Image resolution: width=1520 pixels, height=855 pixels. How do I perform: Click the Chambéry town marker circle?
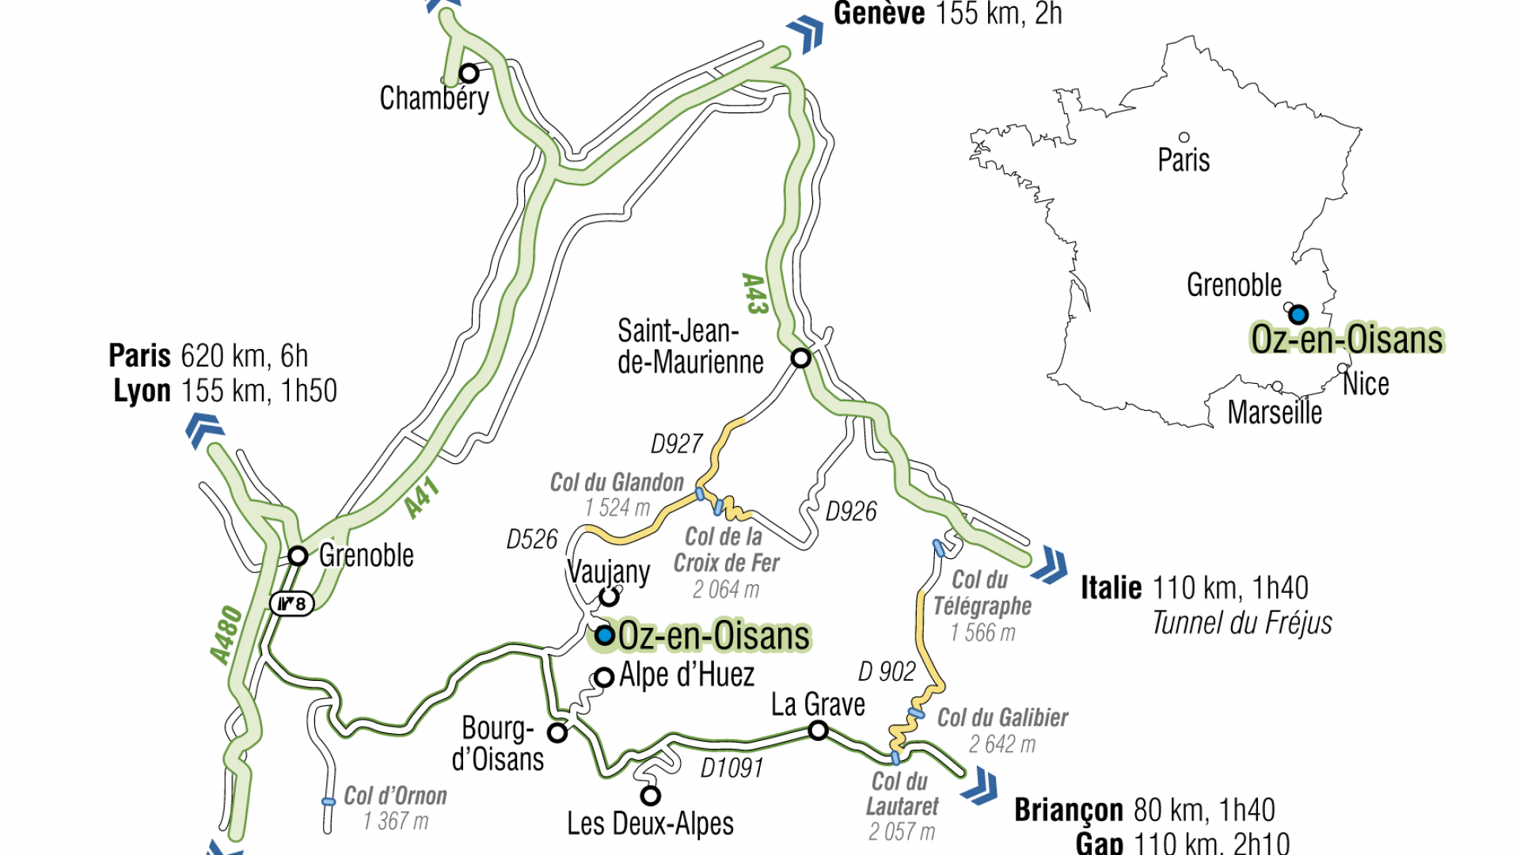tap(469, 74)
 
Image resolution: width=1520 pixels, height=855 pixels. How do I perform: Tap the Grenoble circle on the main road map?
tap(298, 556)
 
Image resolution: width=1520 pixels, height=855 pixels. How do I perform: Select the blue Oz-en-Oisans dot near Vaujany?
tap(605, 635)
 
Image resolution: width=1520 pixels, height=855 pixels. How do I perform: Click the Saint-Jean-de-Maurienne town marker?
tap(800, 358)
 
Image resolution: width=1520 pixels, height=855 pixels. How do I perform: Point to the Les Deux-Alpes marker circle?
tap(650, 795)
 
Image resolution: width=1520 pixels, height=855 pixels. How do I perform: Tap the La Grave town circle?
tap(818, 731)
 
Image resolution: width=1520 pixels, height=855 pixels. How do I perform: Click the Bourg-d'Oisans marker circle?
tap(557, 733)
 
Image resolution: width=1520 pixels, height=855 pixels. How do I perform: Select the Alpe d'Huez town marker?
tap(604, 678)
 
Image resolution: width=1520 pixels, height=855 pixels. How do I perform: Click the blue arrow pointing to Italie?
tap(1051, 564)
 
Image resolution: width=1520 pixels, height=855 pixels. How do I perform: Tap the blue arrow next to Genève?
tap(806, 34)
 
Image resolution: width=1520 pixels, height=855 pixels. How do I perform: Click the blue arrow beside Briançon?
tap(981, 786)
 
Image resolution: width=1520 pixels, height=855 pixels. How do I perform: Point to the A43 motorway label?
tap(754, 294)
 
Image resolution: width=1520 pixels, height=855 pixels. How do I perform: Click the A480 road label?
tap(226, 634)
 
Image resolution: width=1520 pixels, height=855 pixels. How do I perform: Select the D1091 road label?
tap(731, 767)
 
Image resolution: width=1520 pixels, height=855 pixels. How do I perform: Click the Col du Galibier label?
tap(1002, 718)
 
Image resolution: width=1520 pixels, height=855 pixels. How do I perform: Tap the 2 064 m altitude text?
tap(725, 590)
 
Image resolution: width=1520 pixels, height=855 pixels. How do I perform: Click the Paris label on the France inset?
tap(1184, 160)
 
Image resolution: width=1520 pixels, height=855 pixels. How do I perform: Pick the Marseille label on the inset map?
tap(1274, 412)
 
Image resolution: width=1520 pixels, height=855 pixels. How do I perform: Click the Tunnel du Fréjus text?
tap(1241, 623)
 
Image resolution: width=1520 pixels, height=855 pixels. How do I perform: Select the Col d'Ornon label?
tap(395, 796)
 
